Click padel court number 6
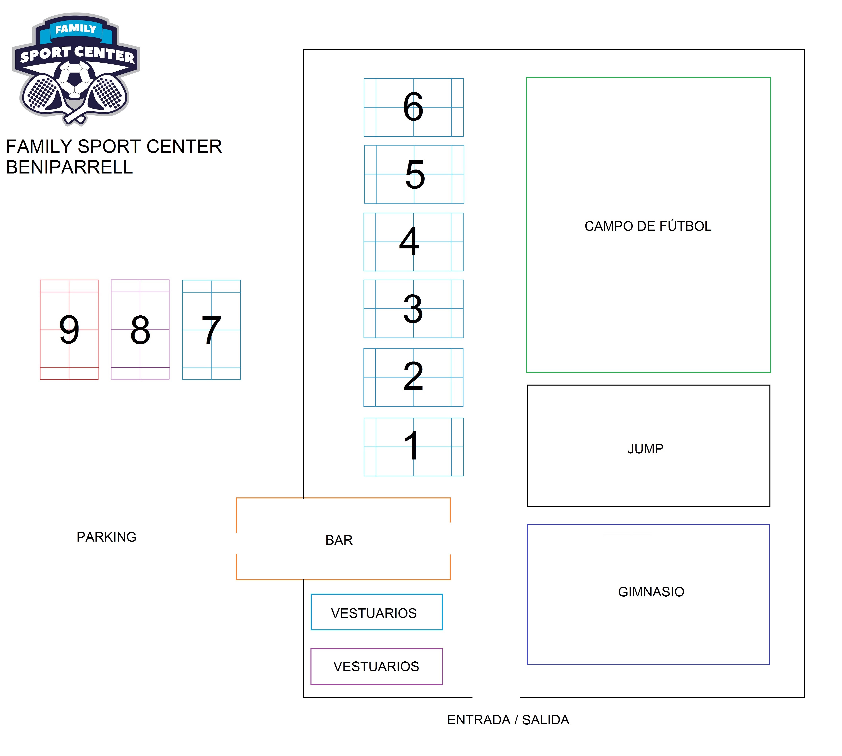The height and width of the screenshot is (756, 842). (413, 107)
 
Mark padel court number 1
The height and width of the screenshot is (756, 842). (413, 447)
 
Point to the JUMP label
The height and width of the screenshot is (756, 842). (645, 449)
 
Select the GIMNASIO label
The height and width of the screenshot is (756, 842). (651, 591)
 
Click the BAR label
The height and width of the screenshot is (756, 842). (339, 540)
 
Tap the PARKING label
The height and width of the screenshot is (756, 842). (106, 537)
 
